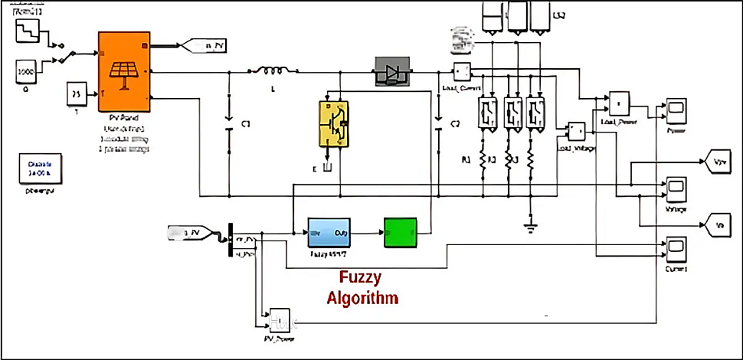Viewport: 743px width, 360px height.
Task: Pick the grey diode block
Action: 392,72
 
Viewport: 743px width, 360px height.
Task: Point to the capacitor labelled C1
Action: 227,123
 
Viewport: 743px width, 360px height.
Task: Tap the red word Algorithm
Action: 362,298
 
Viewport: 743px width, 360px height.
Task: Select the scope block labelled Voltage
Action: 676,187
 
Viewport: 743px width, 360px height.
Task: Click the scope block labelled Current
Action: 676,247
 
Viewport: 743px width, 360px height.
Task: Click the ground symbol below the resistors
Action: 528,226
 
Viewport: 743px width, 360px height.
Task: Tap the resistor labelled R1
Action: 483,160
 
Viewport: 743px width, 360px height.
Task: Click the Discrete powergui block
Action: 41,169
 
